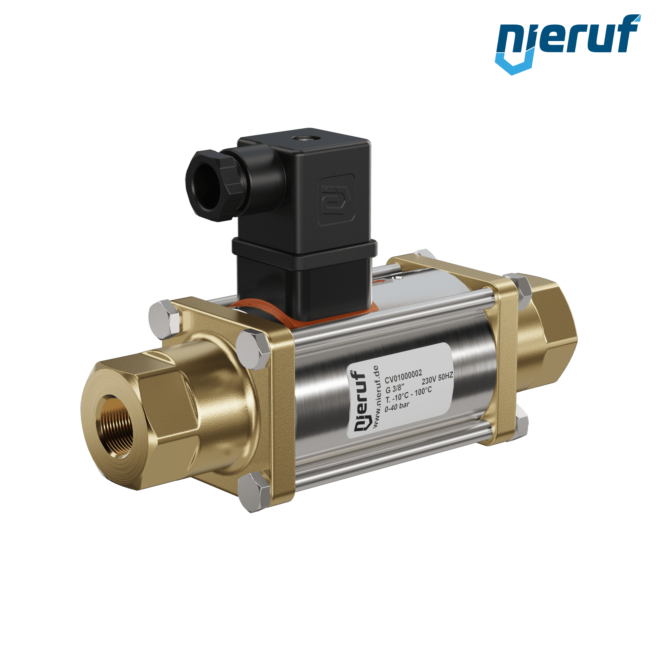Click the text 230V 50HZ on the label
tap(437, 378)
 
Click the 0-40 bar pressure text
tap(397, 408)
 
